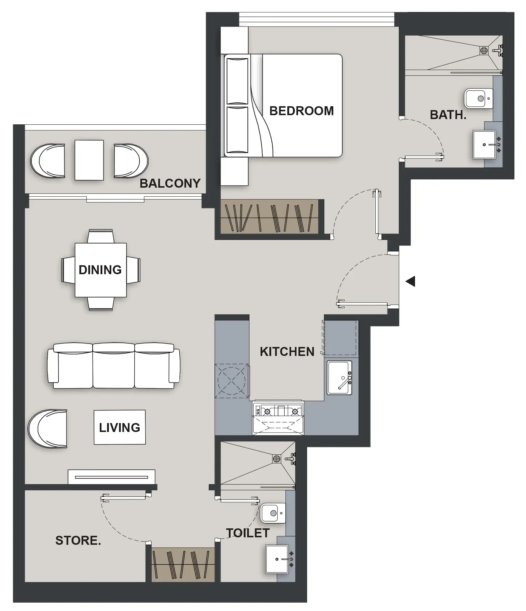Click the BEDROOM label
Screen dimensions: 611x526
(301, 111)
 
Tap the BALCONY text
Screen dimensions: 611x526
(170, 183)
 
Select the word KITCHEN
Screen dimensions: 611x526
(287, 352)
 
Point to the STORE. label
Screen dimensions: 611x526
(78, 540)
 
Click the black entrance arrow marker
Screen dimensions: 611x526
(411, 281)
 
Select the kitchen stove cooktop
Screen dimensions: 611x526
(278, 412)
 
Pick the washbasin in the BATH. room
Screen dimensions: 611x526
(484, 145)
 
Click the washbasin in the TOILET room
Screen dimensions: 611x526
(277, 559)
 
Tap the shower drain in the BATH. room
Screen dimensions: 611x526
(484, 50)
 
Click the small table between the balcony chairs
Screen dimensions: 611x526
(89, 160)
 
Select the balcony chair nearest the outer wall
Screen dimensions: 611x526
(48, 161)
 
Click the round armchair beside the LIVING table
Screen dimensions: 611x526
(48, 428)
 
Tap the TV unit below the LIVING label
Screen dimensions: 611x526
(111, 477)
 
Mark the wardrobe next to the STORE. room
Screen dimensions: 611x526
(183, 565)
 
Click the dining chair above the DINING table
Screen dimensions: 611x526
(101, 236)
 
